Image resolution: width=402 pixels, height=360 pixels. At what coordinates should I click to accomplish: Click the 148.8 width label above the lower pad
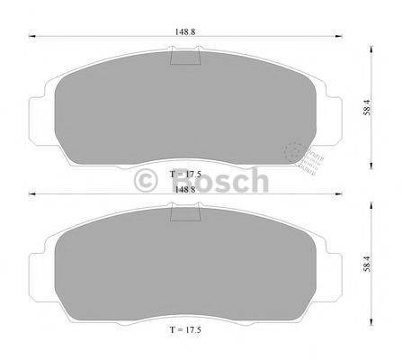(x=186, y=189)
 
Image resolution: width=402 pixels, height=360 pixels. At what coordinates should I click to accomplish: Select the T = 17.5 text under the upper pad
(x=186, y=170)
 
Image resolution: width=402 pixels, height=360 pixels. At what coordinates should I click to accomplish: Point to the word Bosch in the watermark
(x=216, y=180)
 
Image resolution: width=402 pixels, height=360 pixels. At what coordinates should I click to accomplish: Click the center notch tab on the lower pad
(x=185, y=216)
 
